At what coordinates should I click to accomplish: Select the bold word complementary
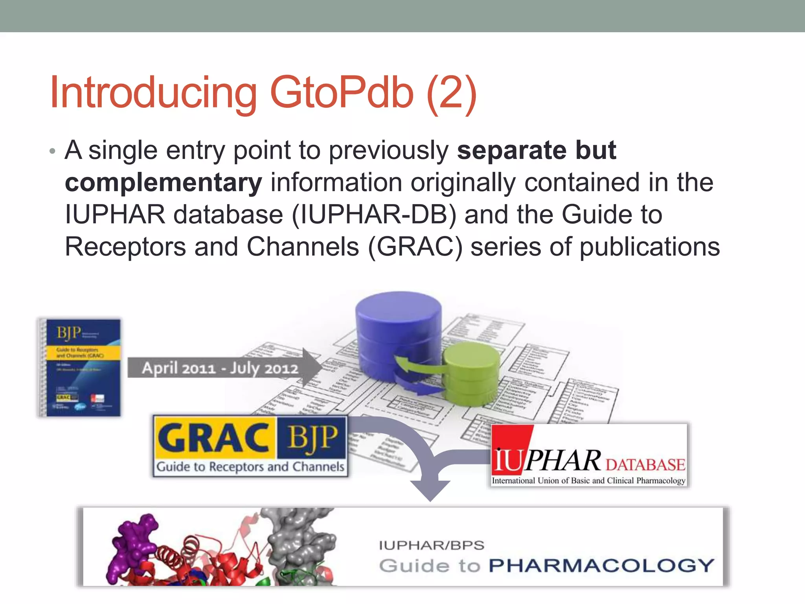(163, 183)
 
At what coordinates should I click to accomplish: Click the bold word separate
(511, 150)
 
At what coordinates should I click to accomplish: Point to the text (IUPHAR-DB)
(374, 215)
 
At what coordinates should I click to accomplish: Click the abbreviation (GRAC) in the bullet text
(415, 247)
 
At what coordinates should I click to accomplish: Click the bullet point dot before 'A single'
(53, 152)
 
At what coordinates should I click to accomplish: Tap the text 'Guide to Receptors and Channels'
(250, 467)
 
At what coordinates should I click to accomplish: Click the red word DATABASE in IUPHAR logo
(645, 465)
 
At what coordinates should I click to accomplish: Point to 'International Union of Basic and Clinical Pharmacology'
(588, 481)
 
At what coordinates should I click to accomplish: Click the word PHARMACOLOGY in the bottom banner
(601, 565)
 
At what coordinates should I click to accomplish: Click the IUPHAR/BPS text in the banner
(432, 545)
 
